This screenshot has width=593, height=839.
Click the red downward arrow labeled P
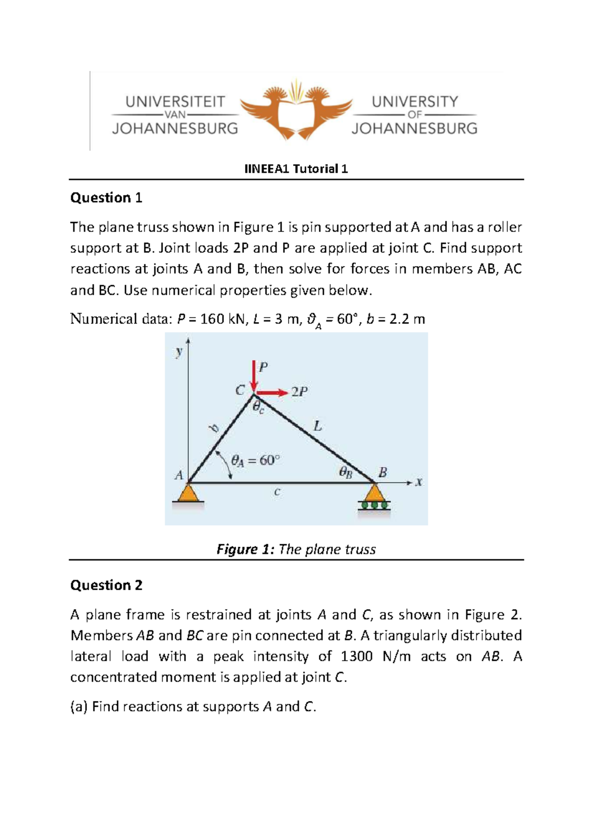(254, 376)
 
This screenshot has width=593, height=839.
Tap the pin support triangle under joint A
(188, 493)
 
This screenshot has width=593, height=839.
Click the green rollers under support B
(375, 505)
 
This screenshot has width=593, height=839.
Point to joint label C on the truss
(240, 390)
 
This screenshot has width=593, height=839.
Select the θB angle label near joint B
(346, 472)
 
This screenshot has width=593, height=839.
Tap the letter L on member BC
(318, 425)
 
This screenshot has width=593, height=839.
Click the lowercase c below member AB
(277, 492)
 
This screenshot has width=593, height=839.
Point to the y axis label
(179, 352)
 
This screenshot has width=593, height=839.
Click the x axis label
(419, 482)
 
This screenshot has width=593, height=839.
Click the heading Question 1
(106, 198)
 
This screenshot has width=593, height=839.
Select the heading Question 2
(106, 585)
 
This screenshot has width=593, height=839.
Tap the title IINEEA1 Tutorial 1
(296, 169)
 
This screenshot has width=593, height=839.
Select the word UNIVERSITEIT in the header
(175, 102)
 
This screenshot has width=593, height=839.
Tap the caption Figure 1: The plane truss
(296, 550)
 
